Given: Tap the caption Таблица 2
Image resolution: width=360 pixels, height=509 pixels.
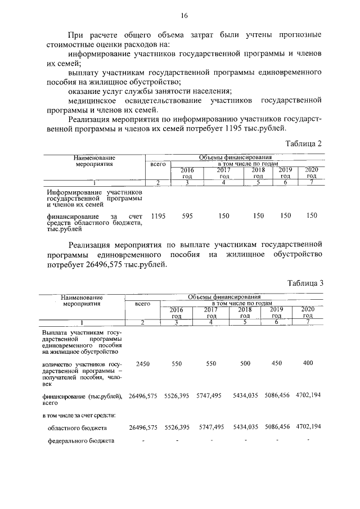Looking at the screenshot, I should pos(303,143).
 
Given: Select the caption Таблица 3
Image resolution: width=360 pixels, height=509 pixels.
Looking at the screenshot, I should pos(304,282).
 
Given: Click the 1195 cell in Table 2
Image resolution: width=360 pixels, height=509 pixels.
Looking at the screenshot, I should pos(158,216).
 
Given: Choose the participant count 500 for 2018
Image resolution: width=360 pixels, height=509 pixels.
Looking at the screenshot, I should pos(245,364).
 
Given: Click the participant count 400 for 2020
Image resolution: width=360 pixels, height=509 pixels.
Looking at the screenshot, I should pos(308,363).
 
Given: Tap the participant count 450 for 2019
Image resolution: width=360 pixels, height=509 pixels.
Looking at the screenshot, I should pos(276,363).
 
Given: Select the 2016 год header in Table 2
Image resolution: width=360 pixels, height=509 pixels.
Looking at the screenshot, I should pos(187,173).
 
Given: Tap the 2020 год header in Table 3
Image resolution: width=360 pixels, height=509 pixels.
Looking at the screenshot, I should pos(308,312).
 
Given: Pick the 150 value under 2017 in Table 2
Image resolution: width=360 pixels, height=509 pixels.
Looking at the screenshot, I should pos(224,216).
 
